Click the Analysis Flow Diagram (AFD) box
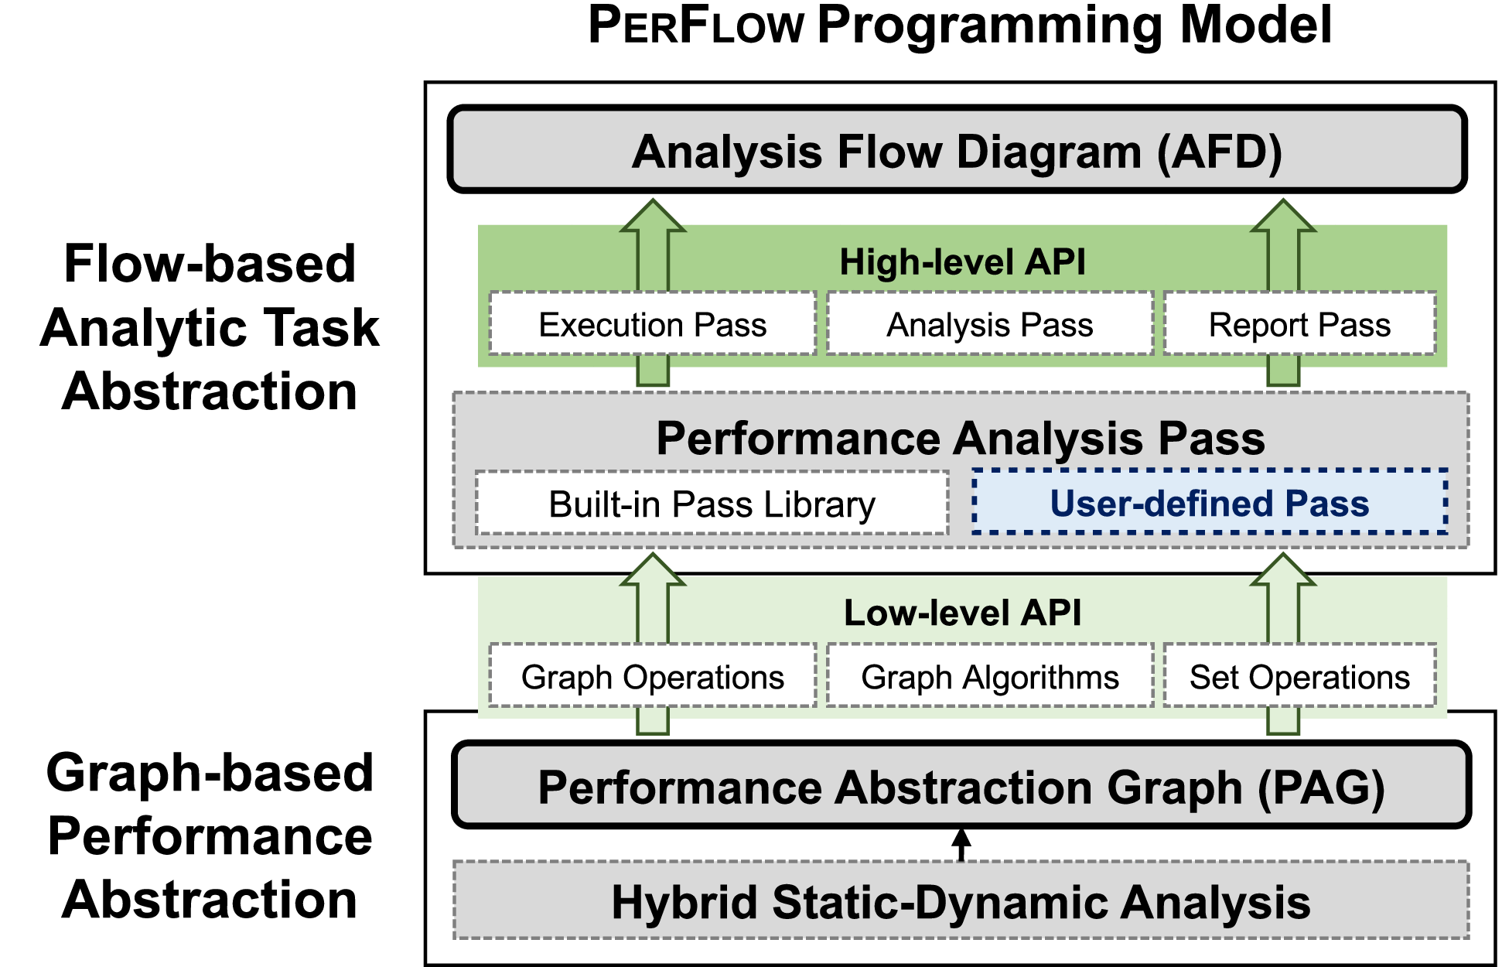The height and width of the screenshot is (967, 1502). pos(957,150)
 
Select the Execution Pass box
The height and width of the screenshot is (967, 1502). pos(652,324)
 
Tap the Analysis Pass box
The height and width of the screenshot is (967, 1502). pos(989,324)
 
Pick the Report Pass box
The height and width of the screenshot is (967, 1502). pos(1299,324)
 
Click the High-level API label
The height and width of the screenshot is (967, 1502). pos(962,262)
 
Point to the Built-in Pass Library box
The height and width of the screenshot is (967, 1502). pos(712,504)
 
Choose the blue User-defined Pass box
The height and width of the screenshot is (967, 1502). pos(1209,503)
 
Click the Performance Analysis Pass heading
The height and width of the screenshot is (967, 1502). pos(960,438)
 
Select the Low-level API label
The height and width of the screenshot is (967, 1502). pos(962,613)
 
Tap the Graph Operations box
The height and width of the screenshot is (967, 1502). pos(652,676)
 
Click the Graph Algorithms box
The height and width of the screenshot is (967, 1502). pos(989,676)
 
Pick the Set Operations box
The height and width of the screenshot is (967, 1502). pos(1299,676)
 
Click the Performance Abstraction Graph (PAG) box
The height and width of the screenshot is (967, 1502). pos(961,786)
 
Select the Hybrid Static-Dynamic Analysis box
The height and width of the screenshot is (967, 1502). pos(961,901)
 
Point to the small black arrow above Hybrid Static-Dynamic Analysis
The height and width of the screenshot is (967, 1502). pos(961,843)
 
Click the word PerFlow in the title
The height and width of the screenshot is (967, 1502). pos(696,25)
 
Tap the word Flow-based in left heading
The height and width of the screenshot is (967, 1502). pos(210,264)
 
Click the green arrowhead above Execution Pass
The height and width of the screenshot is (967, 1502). pos(653,217)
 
